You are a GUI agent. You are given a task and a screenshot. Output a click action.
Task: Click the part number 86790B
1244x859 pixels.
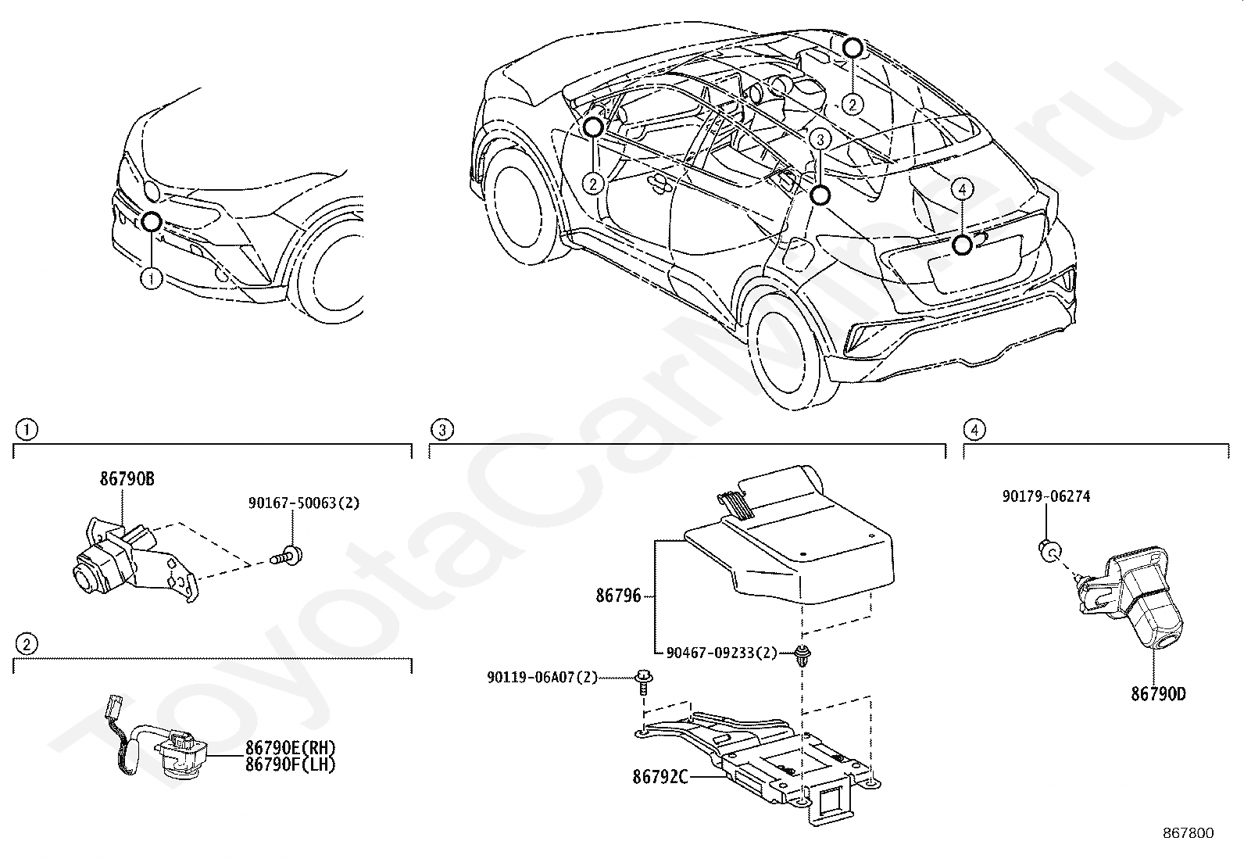[x=127, y=479]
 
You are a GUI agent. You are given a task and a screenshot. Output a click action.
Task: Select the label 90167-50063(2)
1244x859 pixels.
[x=304, y=503]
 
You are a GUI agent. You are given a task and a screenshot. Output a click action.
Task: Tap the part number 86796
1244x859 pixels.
[x=618, y=596]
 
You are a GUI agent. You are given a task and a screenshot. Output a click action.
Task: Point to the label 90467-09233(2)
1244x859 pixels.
[x=721, y=653]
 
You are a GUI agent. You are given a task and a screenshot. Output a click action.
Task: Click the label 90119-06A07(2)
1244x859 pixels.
[x=542, y=677]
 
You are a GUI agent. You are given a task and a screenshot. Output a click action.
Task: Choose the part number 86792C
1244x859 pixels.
[x=660, y=777]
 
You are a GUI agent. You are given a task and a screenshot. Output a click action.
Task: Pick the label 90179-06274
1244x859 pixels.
[x=1046, y=496]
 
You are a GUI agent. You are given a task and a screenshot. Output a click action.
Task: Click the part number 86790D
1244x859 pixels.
[x=1157, y=693]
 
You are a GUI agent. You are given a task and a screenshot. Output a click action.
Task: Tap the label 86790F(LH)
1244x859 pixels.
[x=291, y=765]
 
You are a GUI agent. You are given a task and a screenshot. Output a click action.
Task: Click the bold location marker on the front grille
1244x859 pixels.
[x=152, y=222]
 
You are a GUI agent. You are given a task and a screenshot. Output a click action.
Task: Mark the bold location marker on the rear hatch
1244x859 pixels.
[x=962, y=245]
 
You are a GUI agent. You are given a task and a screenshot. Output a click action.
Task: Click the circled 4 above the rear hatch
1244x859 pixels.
[x=962, y=188]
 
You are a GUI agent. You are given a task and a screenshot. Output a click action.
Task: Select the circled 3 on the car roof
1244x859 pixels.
[x=818, y=140]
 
